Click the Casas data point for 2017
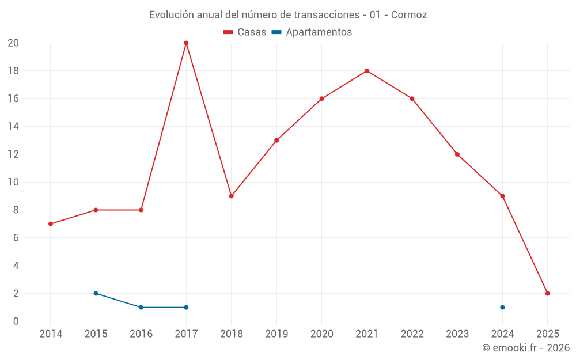click(x=186, y=43)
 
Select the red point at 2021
click(x=367, y=71)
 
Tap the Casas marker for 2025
click(x=548, y=293)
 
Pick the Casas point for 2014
click(x=51, y=223)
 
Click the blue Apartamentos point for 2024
click(x=502, y=307)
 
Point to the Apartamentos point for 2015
click(x=96, y=293)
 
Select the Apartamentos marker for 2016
click(x=141, y=307)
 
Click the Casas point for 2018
click(x=231, y=196)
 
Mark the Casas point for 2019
click(x=276, y=140)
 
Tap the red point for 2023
click(x=457, y=154)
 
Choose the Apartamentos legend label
click(x=319, y=32)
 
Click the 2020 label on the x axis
click(x=321, y=334)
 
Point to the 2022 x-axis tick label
click(x=412, y=334)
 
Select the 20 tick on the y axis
click(x=13, y=43)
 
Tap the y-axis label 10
click(x=13, y=182)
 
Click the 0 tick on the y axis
click(x=16, y=321)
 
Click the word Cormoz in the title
click(x=409, y=15)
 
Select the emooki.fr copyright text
click(x=525, y=348)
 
